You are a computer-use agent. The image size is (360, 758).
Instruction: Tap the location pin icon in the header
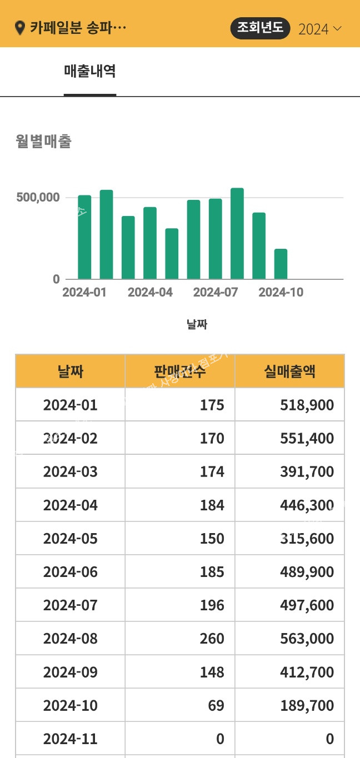21,28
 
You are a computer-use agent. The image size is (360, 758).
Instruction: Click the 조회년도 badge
260,28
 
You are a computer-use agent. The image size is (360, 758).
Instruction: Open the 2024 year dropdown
319,29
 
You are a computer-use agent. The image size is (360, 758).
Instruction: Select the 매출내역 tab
90,72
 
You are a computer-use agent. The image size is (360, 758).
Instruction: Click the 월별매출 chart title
44,142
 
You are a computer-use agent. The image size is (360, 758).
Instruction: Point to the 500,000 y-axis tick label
38,198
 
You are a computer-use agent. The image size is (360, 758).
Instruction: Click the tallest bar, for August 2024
237,233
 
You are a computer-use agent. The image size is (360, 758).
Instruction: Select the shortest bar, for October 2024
281,264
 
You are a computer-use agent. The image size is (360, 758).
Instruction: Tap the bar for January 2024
84,237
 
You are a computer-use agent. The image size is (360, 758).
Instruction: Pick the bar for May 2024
172,254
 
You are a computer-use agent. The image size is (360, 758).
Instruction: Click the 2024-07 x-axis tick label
216,293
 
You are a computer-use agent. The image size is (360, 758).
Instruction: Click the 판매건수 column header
180,372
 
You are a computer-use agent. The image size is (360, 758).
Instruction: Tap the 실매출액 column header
289,372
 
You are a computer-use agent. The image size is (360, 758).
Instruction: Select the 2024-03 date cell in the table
71,472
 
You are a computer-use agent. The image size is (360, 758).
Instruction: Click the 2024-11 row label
71,739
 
